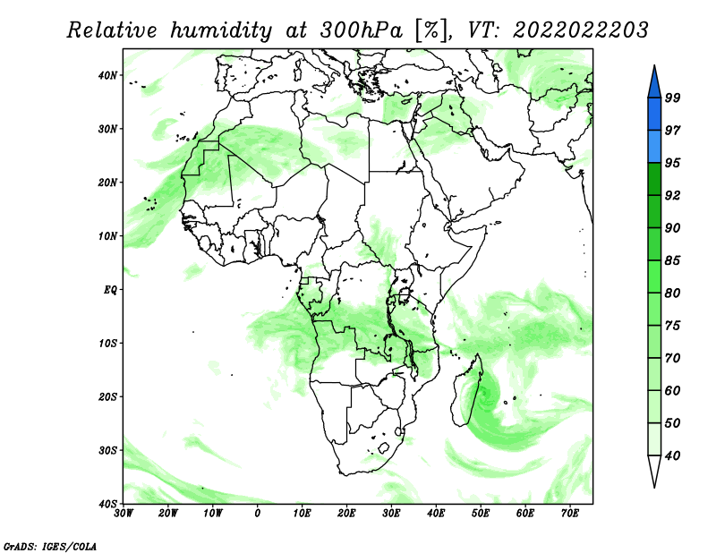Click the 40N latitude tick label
(107, 75)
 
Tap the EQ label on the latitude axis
(110, 290)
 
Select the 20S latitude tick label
(107, 396)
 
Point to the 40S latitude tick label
(107, 504)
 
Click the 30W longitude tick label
(124, 514)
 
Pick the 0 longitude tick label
(258, 514)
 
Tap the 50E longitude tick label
(481, 514)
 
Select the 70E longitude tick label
(570, 514)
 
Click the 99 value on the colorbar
(673, 98)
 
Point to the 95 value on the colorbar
(673, 163)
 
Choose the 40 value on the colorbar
(673, 455)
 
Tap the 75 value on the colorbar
(673, 326)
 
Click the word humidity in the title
(221, 31)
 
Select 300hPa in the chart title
(362, 30)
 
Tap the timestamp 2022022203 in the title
(581, 30)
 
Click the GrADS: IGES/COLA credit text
(50, 546)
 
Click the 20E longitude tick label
(346, 514)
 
